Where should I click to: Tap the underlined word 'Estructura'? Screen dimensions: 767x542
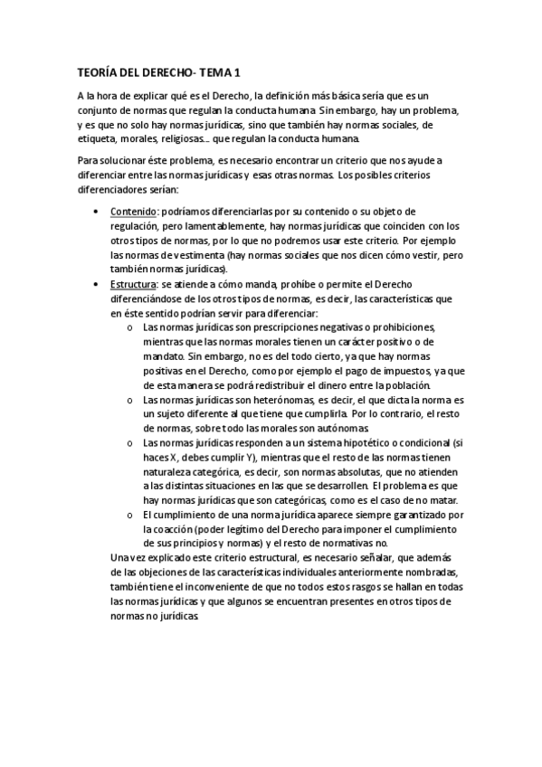pos(135,284)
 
